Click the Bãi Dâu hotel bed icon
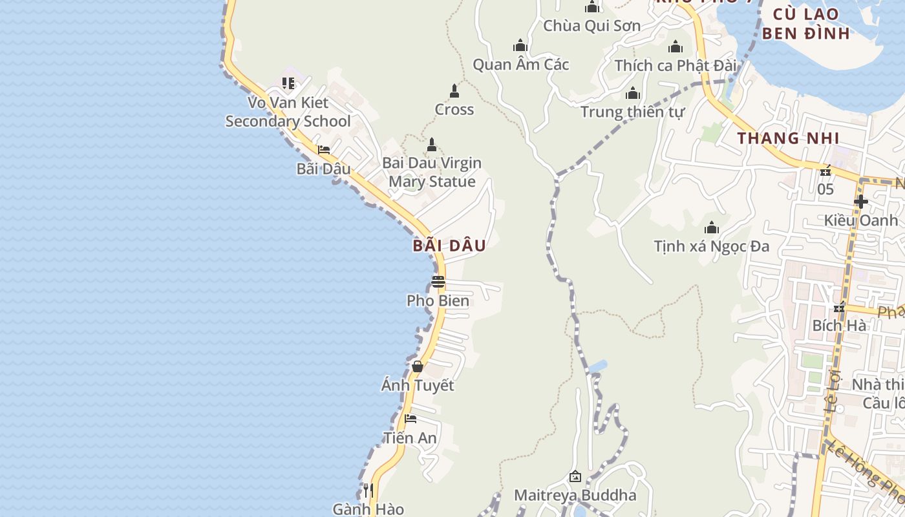point(324,150)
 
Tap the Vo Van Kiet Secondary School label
point(288,112)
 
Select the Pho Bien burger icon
point(438,282)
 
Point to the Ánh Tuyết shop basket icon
point(418,366)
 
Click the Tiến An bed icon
point(410,419)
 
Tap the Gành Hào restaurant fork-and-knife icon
point(368,491)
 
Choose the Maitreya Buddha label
point(575,496)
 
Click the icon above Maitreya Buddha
point(575,477)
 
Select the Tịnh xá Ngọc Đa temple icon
point(712,227)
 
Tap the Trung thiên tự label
point(632,112)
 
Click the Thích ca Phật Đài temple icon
point(676,47)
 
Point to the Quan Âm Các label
point(520,65)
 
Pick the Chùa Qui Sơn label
point(591,26)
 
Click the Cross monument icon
point(454,91)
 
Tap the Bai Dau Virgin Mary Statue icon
point(432,145)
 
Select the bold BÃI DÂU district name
point(449,246)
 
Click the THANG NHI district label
point(788,138)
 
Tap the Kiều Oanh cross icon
point(860,202)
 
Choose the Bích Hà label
point(839,326)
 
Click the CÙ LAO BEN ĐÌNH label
point(805,24)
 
